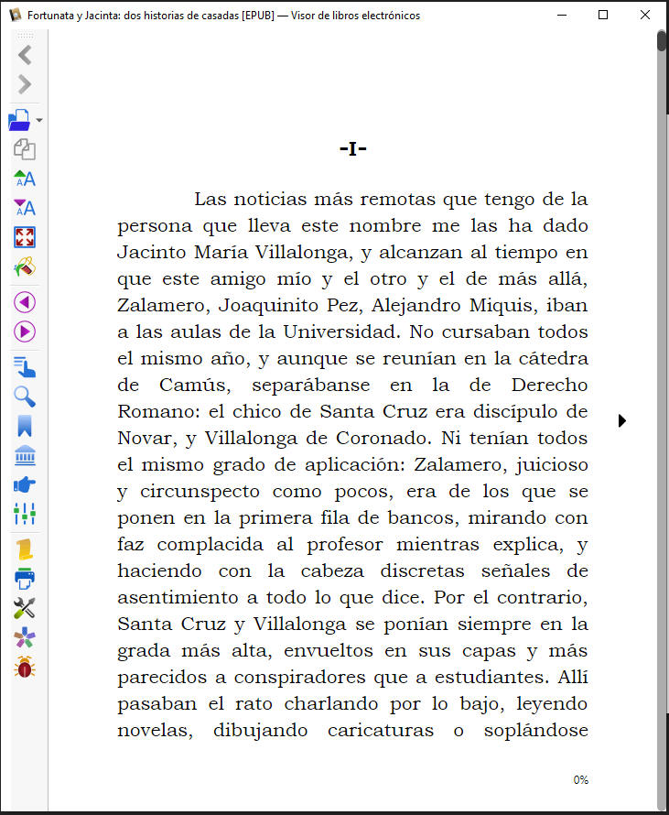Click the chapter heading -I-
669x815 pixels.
(352, 148)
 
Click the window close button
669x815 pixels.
(646, 15)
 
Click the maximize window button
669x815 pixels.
(603, 15)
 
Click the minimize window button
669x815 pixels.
(560, 15)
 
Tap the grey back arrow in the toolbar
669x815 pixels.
(25, 55)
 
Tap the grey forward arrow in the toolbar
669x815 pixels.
(25, 85)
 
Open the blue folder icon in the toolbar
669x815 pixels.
(19, 120)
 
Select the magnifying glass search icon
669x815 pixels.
(25, 397)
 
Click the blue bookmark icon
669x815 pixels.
(25, 426)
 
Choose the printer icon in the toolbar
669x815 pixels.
(25, 579)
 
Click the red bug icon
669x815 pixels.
(25, 668)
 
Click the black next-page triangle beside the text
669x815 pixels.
(622, 420)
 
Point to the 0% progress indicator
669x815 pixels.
(580, 780)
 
